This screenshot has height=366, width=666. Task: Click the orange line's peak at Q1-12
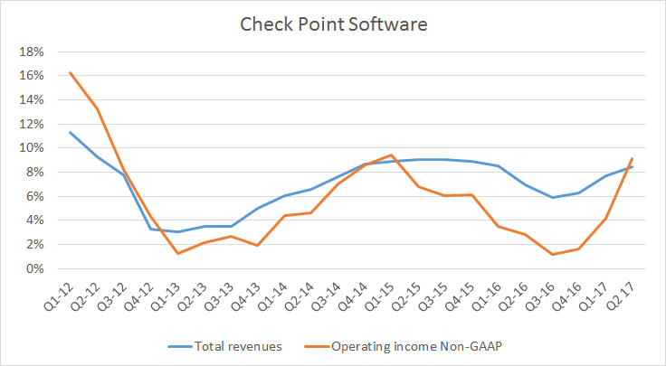coord(70,72)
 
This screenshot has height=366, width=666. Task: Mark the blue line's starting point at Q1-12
coord(70,132)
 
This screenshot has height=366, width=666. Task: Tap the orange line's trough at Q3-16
coord(552,255)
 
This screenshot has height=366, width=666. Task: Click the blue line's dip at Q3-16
coord(552,197)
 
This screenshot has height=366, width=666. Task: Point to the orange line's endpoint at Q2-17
coord(632,158)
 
